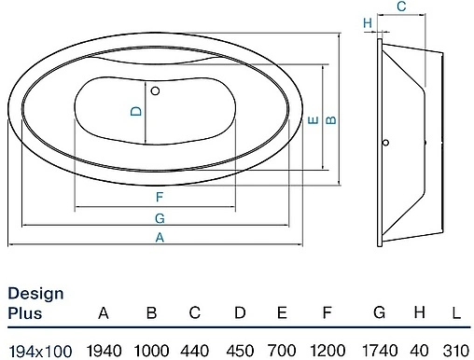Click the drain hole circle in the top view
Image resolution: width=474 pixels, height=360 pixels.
tap(155, 90)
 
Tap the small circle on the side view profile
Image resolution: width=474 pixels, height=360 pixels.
tap(383, 145)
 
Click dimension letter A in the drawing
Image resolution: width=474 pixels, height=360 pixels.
tap(160, 238)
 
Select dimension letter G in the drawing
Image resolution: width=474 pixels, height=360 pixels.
tap(160, 217)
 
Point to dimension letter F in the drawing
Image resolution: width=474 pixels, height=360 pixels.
tap(160, 197)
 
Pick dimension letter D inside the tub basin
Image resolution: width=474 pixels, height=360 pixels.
tap(136, 112)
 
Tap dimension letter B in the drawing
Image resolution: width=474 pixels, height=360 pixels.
tap(330, 119)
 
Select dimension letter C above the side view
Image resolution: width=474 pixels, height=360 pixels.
tap(399, 7)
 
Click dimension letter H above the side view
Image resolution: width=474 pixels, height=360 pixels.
tap(368, 22)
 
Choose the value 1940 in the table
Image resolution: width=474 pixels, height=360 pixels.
tap(105, 348)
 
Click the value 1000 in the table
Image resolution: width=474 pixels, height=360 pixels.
tap(150, 348)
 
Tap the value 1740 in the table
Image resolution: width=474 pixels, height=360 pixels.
tap(379, 348)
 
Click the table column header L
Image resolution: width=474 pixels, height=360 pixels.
tap(456, 312)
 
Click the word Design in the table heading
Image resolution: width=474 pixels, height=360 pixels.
tap(36, 294)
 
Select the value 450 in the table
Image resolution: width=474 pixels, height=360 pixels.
tap(239, 348)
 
